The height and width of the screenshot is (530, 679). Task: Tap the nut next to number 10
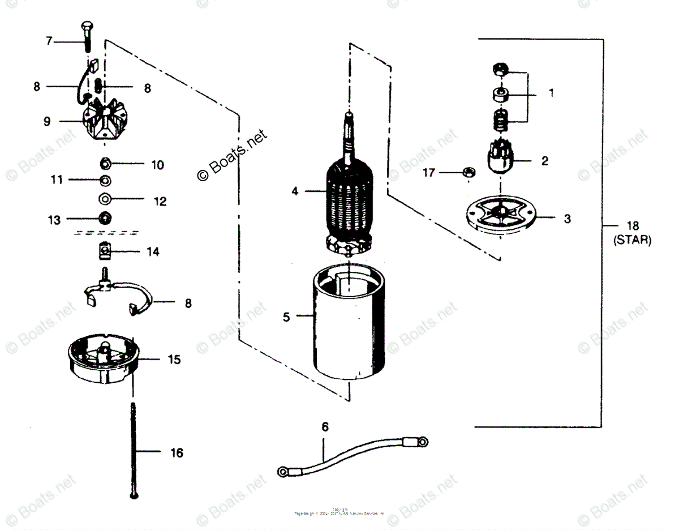(105, 164)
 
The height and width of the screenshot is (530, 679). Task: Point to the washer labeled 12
(105, 199)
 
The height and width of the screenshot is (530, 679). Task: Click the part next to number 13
(104, 218)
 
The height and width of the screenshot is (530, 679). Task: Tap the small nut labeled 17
(468, 172)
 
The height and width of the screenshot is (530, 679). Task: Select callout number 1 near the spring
(551, 92)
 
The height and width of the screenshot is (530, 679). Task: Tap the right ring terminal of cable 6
(422, 439)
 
